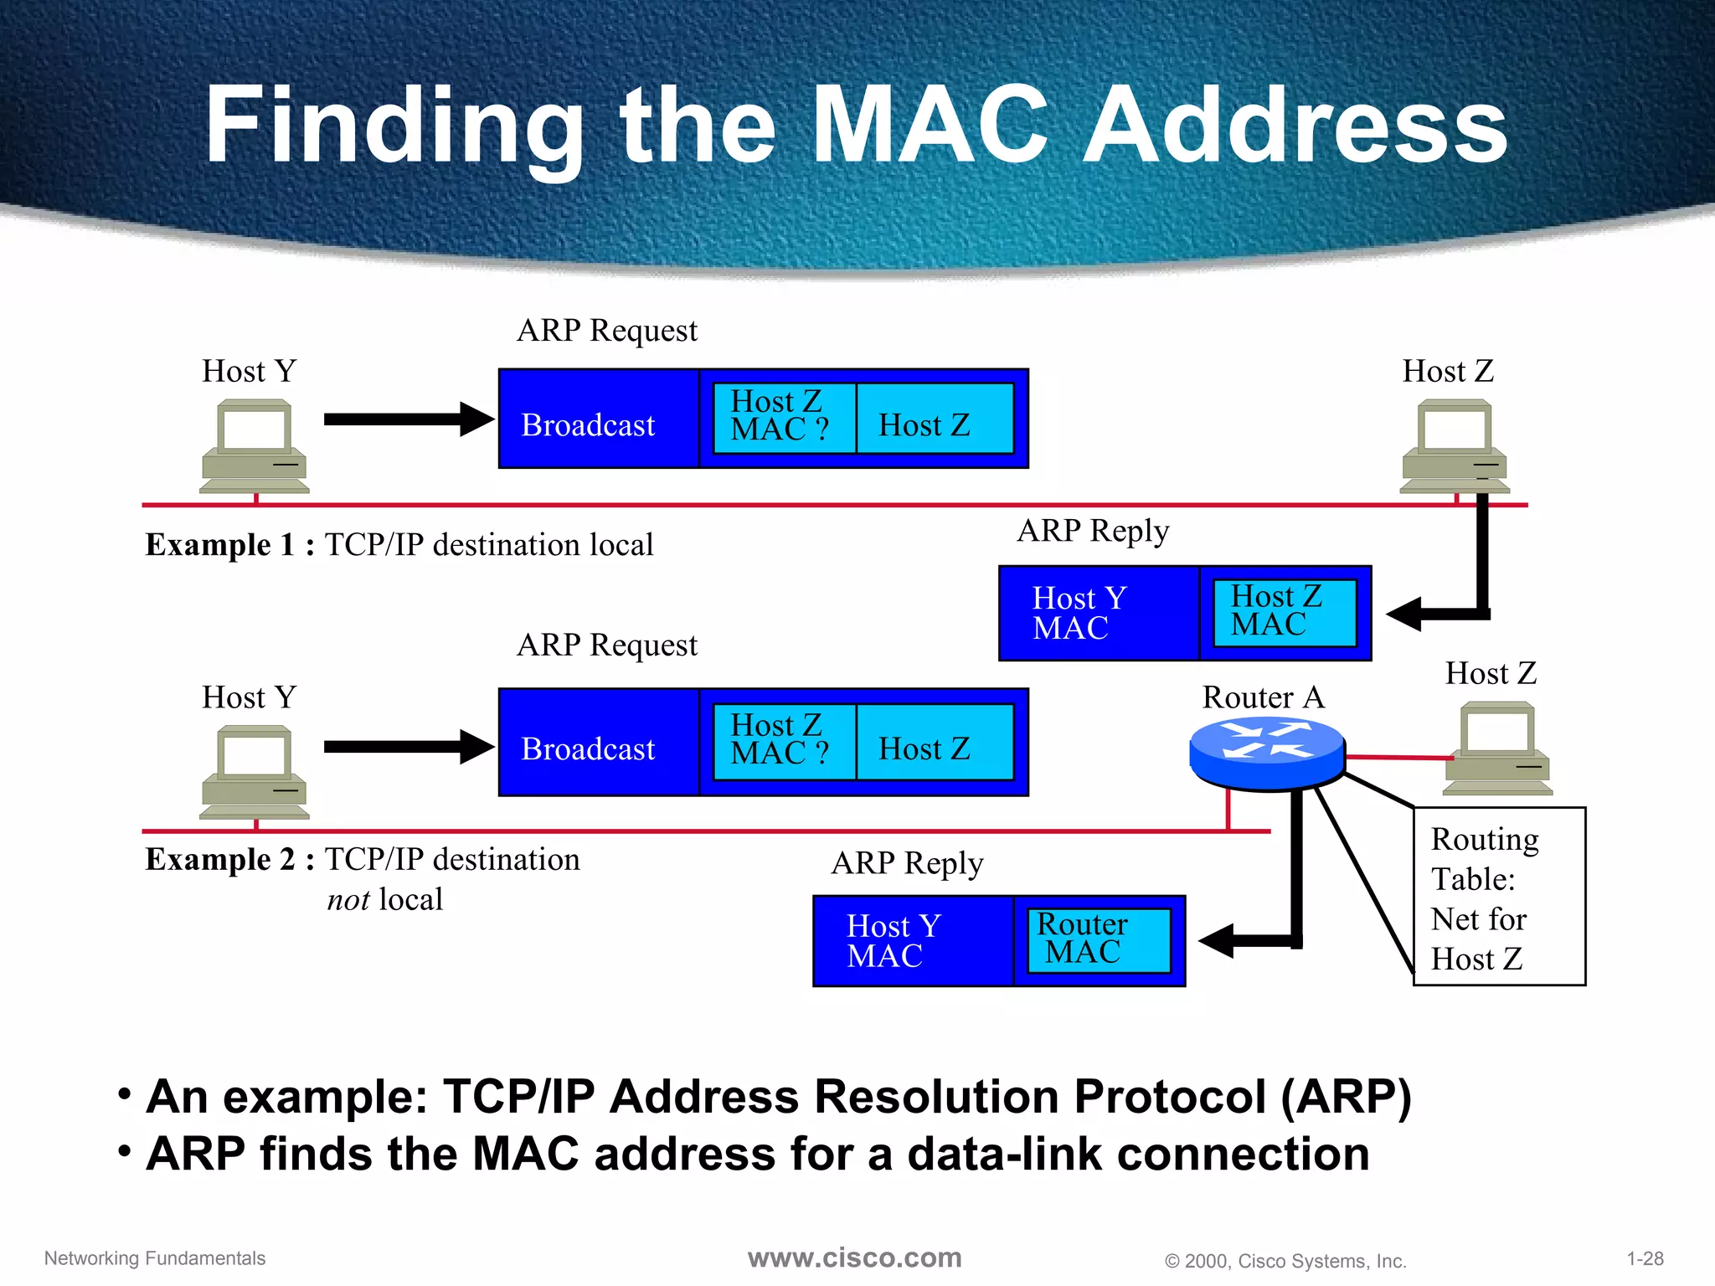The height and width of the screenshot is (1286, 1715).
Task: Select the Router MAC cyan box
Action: coord(1098,940)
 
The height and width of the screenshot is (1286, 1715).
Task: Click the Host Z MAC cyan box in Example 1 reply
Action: coord(1284,612)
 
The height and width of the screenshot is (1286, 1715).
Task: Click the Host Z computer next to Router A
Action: coord(1497,748)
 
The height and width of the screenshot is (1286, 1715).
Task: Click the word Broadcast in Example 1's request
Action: coord(588,425)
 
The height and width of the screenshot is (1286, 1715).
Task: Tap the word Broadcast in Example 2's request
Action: coord(588,748)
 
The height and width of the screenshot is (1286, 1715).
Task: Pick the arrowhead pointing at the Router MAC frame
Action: coord(1218,941)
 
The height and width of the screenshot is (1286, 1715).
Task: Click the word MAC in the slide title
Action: coord(930,126)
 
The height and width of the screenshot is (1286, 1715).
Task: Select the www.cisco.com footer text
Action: coord(854,1258)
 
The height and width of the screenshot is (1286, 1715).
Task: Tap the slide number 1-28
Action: coord(1645,1258)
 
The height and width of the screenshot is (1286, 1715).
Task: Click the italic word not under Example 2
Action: coord(348,900)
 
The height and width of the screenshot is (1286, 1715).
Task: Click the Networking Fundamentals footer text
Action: coord(155,1258)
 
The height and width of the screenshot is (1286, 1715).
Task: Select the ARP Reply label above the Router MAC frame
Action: coord(907,863)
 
